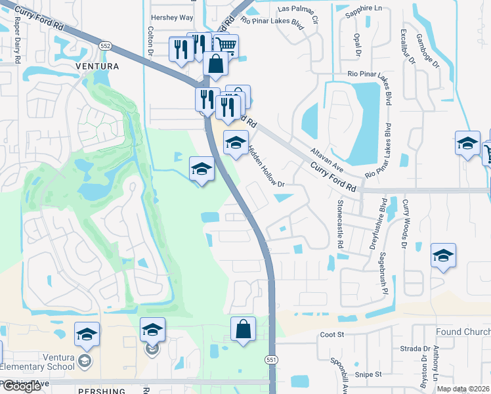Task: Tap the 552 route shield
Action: click(105, 45)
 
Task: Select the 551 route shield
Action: click(271, 360)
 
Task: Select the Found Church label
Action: click(462, 332)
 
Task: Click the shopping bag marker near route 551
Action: click(243, 331)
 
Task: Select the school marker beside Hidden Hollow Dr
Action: click(236, 144)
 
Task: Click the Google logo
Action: click(21, 386)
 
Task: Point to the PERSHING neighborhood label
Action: click(98, 390)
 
